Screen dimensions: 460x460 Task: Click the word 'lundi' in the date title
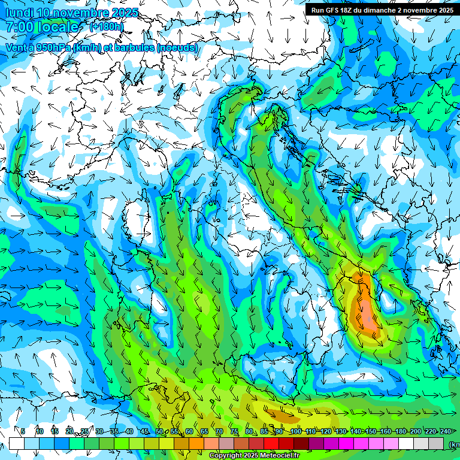coord(20,13)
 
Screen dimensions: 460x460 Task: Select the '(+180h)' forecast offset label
coord(107,27)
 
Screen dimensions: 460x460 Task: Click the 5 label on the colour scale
coord(23,431)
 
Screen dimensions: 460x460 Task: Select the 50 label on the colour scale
coord(159,431)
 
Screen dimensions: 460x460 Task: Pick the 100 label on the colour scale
coord(295,431)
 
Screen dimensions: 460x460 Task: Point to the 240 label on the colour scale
coord(445,431)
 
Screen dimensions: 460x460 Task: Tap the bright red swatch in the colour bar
coord(271,443)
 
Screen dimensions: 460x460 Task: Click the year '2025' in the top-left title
coord(125,13)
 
